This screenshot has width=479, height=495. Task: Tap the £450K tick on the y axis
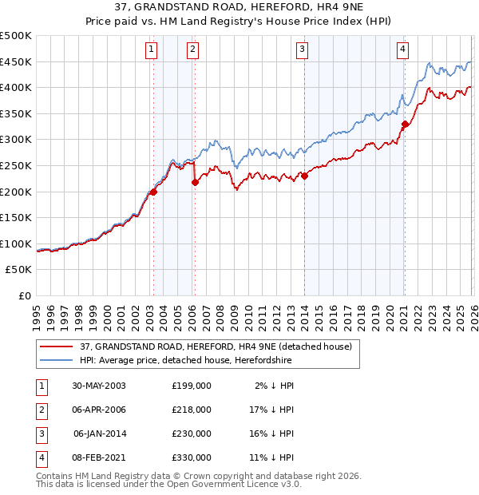click(x=16, y=62)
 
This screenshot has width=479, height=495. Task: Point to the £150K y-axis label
click(x=16, y=217)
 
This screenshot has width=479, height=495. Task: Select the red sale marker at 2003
click(x=153, y=192)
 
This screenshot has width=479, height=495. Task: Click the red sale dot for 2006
click(x=194, y=182)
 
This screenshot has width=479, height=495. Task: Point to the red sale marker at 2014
click(x=304, y=176)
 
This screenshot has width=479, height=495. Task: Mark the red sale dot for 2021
click(x=405, y=124)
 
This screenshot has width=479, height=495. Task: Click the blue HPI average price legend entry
click(x=185, y=360)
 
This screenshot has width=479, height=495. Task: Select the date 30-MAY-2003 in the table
click(x=99, y=385)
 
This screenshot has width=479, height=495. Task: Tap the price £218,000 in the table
click(x=192, y=410)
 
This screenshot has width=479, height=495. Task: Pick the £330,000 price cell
click(x=192, y=458)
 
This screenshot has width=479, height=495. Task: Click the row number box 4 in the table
click(x=41, y=458)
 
